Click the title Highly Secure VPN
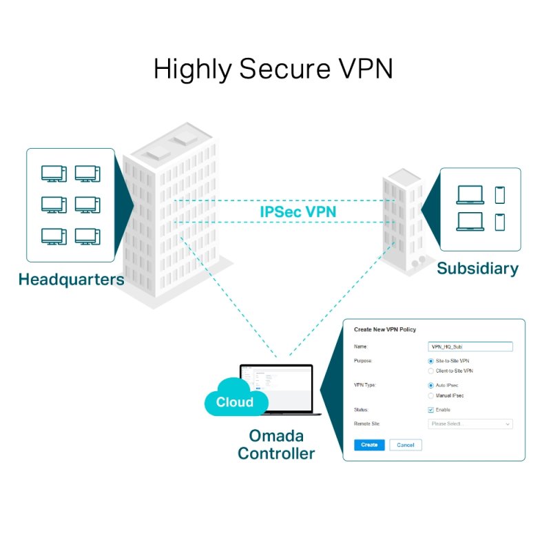(273, 70)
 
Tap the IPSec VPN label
(298, 211)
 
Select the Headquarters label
(71, 280)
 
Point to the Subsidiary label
(477, 269)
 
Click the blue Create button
(369, 445)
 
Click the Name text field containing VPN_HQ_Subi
(470, 347)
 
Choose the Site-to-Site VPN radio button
(431, 360)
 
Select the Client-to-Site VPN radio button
(431, 371)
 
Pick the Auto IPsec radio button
(431, 385)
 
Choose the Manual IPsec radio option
(431, 395)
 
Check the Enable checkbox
(431, 410)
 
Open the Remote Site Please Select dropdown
(470, 424)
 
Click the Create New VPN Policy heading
(385, 330)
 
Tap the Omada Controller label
(276, 445)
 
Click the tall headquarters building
(172, 214)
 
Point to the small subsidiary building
(403, 220)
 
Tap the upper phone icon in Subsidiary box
(499, 195)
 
